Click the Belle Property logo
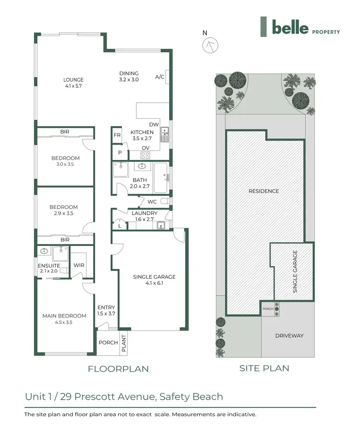[300, 27]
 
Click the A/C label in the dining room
[160, 77]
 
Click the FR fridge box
[117, 135]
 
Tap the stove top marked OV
[145, 155]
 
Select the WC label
[153, 201]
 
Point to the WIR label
[78, 266]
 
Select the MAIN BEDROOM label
[64, 319]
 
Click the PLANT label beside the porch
[123, 343]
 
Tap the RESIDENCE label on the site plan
[264, 191]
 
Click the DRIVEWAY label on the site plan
[290, 335]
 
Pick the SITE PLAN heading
[264, 368]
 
